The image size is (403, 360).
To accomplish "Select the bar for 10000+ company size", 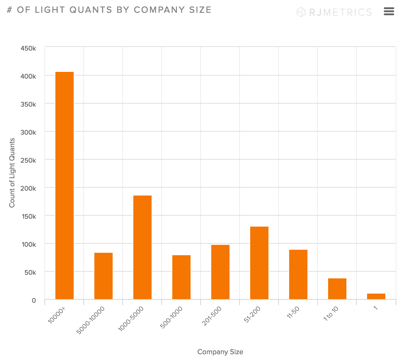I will (x=65, y=185).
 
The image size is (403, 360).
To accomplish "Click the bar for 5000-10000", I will (x=103, y=276).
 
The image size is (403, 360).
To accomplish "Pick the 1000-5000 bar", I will (x=142, y=247).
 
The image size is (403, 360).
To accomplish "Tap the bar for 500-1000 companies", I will (x=181, y=277).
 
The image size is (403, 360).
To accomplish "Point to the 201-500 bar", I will (x=220, y=272).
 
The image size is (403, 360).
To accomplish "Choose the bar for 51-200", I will (x=259, y=263).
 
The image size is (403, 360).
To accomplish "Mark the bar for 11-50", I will (x=298, y=274).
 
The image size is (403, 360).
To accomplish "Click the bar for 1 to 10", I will (x=337, y=289).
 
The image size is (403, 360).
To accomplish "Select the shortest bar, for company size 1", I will (x=376, y=296).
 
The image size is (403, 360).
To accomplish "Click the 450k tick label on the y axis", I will (x=28, y=48).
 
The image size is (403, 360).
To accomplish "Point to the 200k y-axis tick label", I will (x=28, y=188).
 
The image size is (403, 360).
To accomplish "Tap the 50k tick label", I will (x=30, y=272).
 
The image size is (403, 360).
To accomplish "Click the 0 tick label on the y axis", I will (x=34, y=300).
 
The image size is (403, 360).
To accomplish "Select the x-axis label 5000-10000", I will (x=91, y=320).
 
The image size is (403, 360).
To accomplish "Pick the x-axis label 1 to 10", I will (x=331, y=313).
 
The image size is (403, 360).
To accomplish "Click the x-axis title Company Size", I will (x=220, y=352).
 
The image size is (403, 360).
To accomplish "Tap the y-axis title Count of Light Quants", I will (x=12, y=173).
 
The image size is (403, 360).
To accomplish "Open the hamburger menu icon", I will (x=389, y=12).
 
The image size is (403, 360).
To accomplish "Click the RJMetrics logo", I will (x=334, y=12).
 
